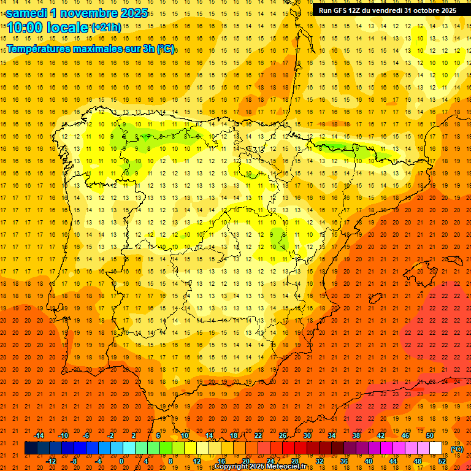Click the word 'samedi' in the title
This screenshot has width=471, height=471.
click(x=28, y=13)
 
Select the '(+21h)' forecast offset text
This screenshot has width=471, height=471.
click(x=107, y=28)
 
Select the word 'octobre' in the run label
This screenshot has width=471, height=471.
click(x=422, y=10)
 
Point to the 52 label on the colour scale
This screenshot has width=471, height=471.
click(x=442, y=461)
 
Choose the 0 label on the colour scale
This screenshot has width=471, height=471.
click(x=121, y=461)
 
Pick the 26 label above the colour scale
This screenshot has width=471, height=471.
click(x=283, y=435)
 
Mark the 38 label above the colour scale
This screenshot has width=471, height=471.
click(x=356, y=435)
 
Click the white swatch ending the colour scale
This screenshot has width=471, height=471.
click(x=435, y=448)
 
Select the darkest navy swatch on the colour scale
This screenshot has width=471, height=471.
click(x=31, y=448)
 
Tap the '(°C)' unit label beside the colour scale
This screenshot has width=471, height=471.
click(x=457, y=449)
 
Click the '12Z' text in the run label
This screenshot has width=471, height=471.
click(x=360, y=10)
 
